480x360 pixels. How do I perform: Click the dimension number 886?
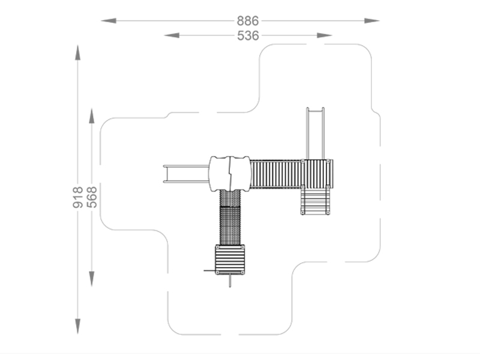[248, 21]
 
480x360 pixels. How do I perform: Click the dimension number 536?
[248, 35]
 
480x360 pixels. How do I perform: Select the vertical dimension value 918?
[78, 197]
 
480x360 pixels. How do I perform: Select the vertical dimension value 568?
[92, 197]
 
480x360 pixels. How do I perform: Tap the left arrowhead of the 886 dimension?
[109, 21]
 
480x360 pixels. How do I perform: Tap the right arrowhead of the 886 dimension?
[372, 21]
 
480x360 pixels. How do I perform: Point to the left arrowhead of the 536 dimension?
[172, 35]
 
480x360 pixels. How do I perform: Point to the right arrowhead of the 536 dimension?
[325, 35]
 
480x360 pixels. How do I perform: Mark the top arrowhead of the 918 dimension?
[78, 53]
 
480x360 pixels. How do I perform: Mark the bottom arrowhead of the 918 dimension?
[78, 326]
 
